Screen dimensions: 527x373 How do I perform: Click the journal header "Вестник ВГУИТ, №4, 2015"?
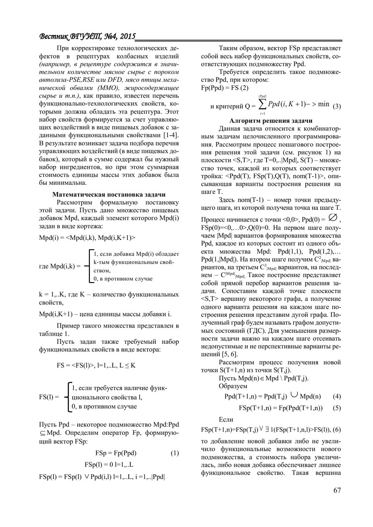pyautogui.click(x=87, y=37)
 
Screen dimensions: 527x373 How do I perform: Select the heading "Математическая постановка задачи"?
pyautogui.click(x=109, y=194)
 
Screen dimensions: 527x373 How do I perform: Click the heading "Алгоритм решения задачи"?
pyautogui.click(x=271, y=120)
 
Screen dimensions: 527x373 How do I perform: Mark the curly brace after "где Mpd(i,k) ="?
pyautogui.click(x=89, y=266)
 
